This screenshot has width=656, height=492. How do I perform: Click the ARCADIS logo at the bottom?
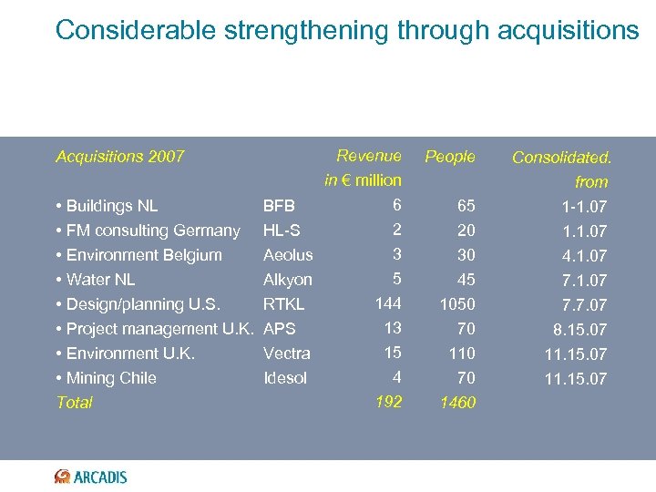point(91,477)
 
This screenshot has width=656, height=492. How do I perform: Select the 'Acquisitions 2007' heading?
point(119,157)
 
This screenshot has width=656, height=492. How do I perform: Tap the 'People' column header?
point(450,157)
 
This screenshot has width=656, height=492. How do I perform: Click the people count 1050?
point(457,304)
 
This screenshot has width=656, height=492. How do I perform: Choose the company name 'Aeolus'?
point(287,255)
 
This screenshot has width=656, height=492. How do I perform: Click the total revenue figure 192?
point(389,401)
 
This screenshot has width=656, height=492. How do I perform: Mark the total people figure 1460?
point(457,403)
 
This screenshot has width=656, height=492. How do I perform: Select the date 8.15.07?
point(576,330)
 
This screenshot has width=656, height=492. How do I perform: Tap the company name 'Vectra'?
point(286,354)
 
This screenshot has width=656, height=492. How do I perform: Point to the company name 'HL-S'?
point(282,231)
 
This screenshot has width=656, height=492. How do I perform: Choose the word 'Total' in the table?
point(74,403)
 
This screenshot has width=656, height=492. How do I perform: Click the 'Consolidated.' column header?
point(561,158)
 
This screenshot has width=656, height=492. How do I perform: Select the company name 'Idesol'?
point(285,378)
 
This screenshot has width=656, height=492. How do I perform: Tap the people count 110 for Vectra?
point(461,354)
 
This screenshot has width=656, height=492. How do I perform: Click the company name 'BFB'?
point(279,206)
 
